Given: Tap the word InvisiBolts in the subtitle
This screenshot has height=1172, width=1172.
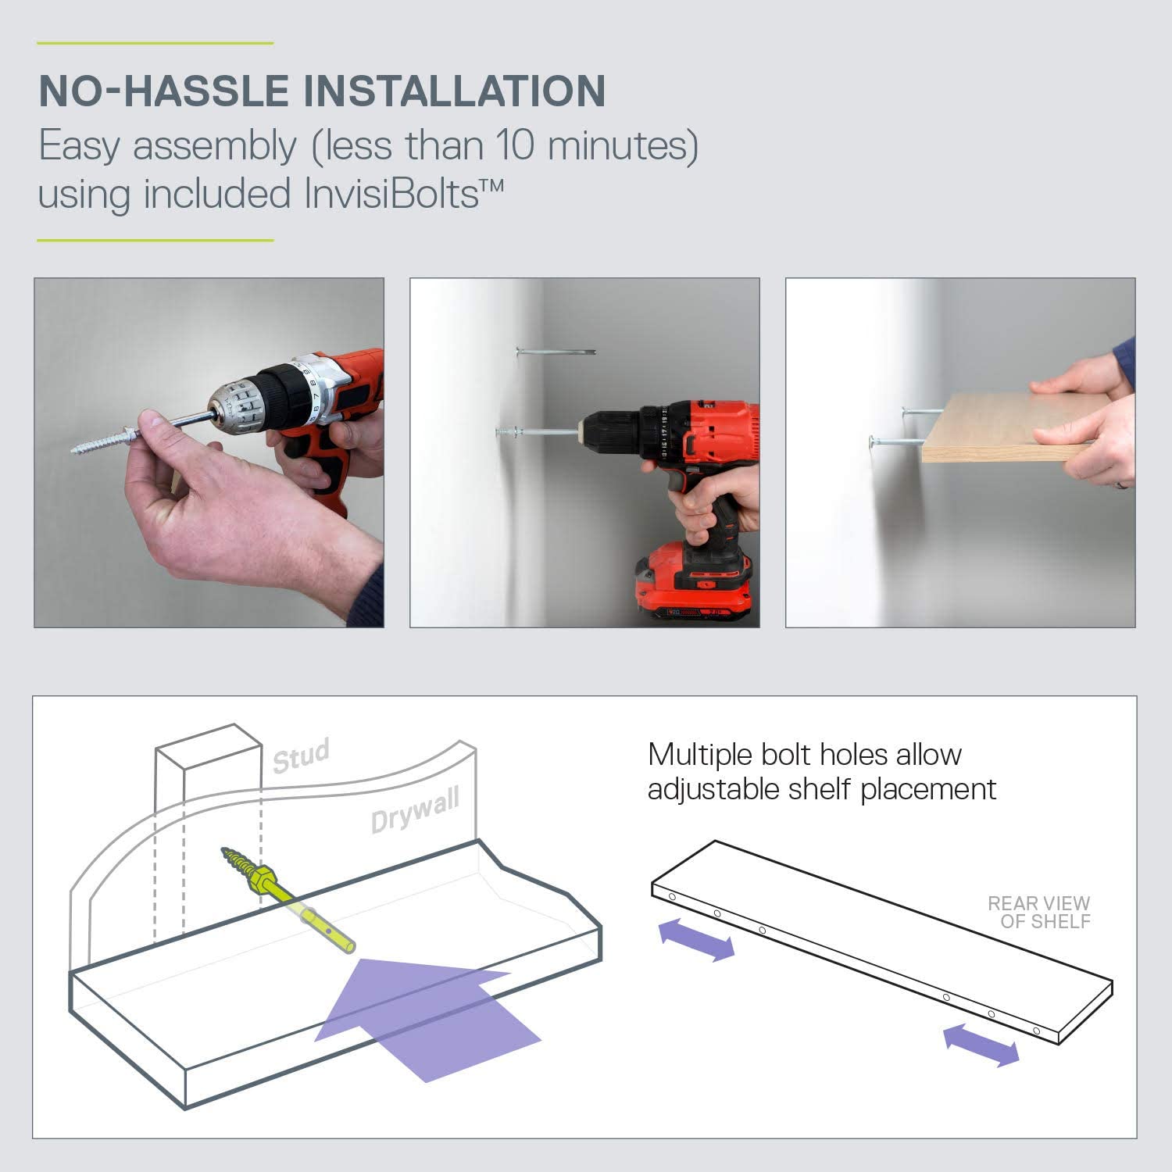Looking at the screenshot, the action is pos(391,193).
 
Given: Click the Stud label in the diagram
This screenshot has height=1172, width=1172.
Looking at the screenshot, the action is pos(301,756).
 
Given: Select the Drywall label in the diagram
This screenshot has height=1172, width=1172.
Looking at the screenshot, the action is pos(415,810).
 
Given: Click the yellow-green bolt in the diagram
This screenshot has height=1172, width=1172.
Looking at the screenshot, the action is pos(288,899).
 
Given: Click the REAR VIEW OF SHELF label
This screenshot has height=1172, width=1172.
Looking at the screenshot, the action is pos(1039,913).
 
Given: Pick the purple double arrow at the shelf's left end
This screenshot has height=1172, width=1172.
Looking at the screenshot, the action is pos(697,939).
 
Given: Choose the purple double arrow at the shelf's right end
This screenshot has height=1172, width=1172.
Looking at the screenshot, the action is pos(981,1045).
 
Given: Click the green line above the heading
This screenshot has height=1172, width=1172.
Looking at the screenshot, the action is pos(155,43).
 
